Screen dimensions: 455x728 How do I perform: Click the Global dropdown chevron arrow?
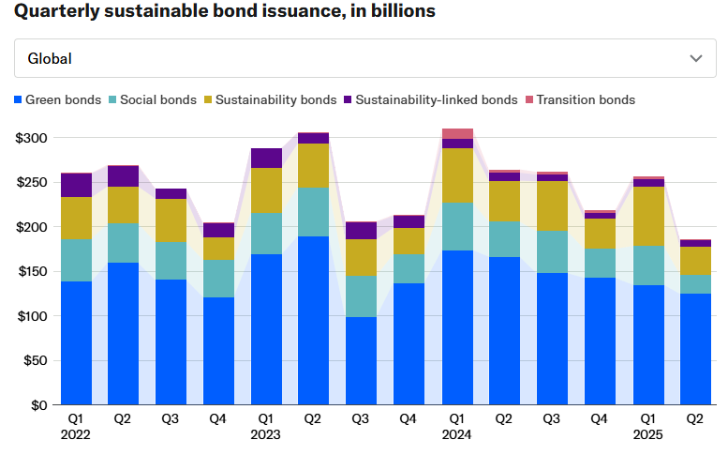coord(696,58)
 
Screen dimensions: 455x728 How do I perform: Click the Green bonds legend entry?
coord(58,99)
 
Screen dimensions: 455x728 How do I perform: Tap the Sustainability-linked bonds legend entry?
coord(430,99)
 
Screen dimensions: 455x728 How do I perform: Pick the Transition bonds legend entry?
coord(580,99)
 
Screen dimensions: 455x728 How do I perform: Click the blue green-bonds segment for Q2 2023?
coord(314,320)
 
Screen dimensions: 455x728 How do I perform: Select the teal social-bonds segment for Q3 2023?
coord(362,296)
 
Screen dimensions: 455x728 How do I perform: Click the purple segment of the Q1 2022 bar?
coord(77,185)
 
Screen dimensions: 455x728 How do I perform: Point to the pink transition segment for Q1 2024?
coord(457,133)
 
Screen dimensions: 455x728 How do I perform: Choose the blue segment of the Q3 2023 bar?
coord(362,361)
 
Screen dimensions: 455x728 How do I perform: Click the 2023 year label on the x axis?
coord(265,435)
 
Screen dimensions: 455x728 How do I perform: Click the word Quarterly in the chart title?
coord(53,11)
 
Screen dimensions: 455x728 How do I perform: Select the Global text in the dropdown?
coord(50,58)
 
